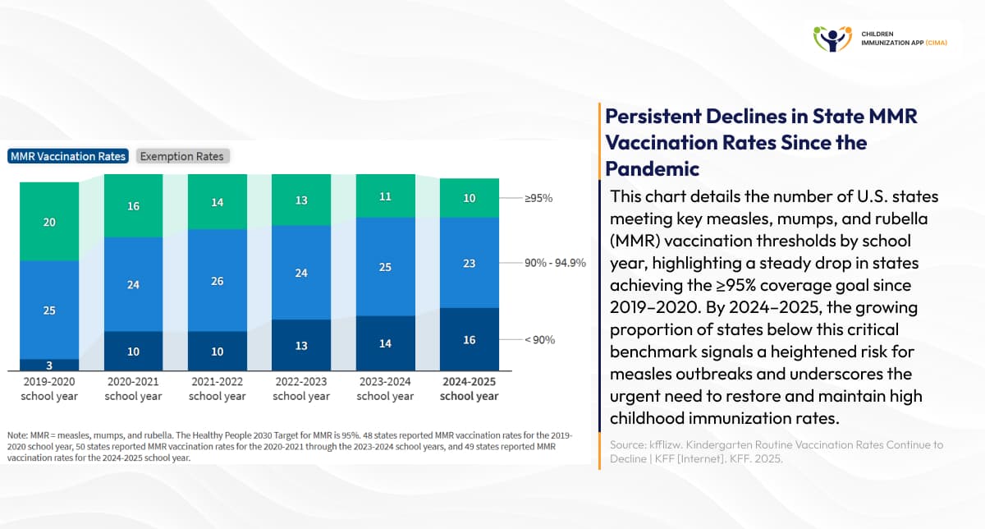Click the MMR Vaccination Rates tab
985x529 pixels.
(x=68, y=156)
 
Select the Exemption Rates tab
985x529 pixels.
(x=182, y=156)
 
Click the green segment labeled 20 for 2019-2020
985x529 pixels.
(x=49, y=222)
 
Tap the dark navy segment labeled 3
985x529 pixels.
(x=49, y=365)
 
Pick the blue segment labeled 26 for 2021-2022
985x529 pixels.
(x=217, y=280)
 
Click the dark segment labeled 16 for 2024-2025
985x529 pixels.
(x=469, y=339)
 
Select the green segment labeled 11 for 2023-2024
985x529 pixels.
(x=385, y=197)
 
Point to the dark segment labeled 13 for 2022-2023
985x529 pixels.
(x=301, y=345)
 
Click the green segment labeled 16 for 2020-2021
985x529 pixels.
(x=133, y=206)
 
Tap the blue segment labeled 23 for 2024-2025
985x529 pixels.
(x=469, y=263)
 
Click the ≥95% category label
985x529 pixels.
(x=538, y=199)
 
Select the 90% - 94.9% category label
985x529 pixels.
(x=555, y=263)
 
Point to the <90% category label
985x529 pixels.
(x=539, y=339)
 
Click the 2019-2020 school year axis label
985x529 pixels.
(x=49, y=389)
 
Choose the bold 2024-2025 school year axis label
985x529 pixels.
(x=469, y=389)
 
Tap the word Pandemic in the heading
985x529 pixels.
(x=653, y=168)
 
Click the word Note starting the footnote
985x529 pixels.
(x=19, y=435)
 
